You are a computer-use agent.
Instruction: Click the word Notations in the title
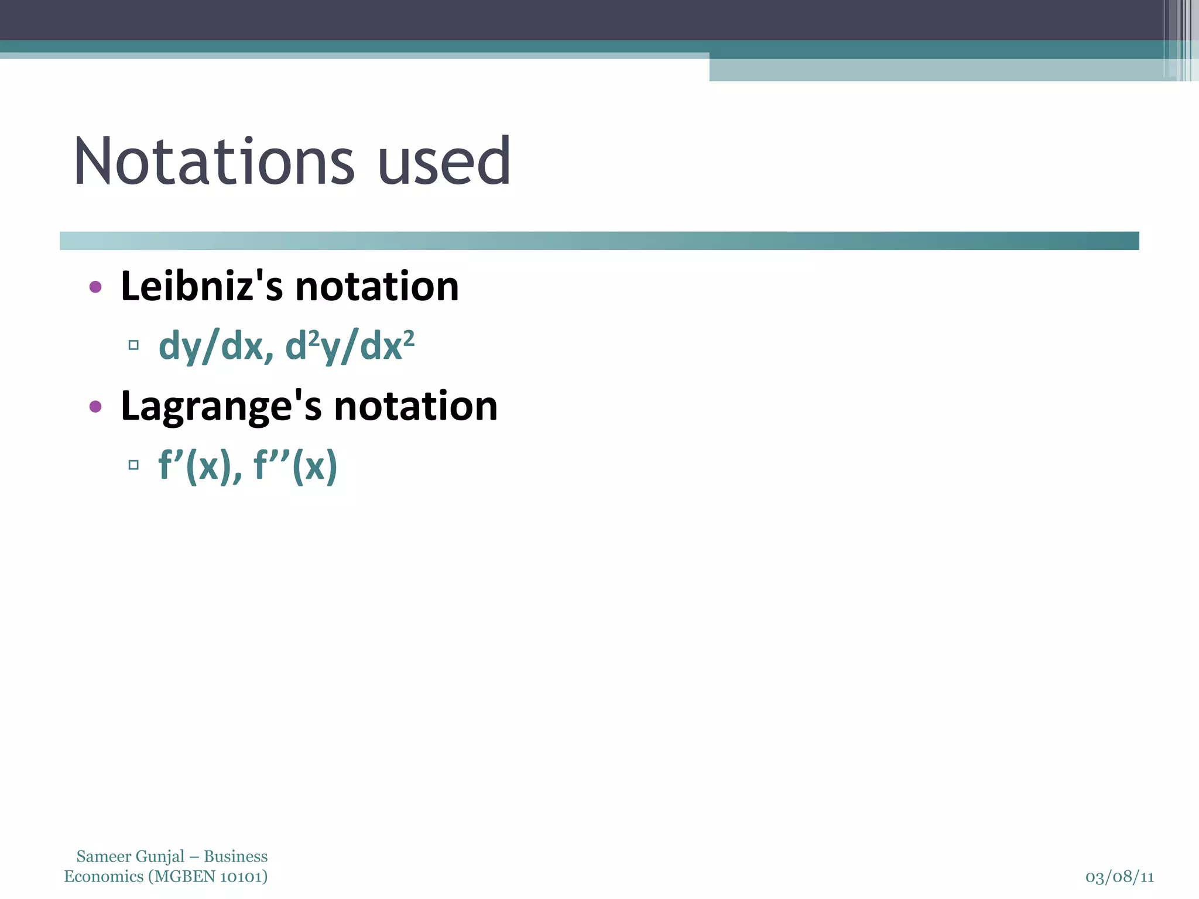point(214,162)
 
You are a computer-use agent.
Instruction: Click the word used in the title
point(444,162)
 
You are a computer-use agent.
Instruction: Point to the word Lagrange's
point(221,407)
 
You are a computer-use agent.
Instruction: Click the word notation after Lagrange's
point(416,407)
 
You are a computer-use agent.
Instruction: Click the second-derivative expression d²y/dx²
point(350,346)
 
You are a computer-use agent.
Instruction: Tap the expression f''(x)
point(295,466)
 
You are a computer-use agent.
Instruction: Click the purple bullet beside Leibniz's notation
point(95,287)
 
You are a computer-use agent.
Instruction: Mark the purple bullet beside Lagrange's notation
point(95,407)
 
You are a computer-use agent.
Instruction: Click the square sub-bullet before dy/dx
point(133,345)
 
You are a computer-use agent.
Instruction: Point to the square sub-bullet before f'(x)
point(133,465)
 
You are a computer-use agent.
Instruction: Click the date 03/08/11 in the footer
point(1119,877)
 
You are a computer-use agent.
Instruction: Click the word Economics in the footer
point(104,877)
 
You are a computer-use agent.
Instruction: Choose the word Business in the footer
point(235,857)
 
